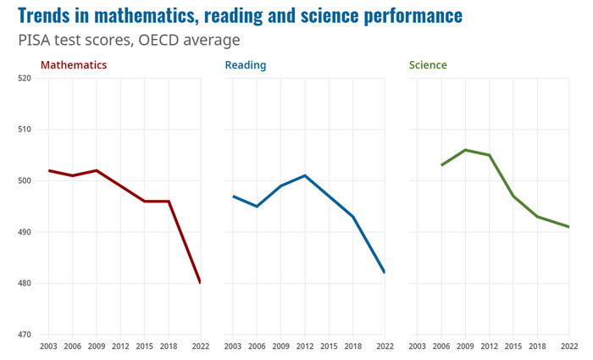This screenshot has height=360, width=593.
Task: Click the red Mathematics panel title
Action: pos(74,64)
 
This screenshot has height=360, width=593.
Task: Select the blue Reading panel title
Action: pos(246,64)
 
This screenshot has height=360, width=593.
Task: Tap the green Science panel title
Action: pos(428,64)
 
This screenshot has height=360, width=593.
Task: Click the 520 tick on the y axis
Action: pos(24,79)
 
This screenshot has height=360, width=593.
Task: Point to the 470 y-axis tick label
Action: pos(24,335)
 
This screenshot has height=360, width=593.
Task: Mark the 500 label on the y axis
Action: pos(24,181)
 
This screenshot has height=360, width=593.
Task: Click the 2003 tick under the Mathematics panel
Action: pos(48,346)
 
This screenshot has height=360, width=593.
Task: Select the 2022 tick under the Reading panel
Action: pos(385,346)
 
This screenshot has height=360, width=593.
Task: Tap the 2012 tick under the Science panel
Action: pos(490,346)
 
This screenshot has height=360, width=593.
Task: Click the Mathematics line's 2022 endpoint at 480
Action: pos(200,282)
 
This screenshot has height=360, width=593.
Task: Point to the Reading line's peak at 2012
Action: pos(305,175)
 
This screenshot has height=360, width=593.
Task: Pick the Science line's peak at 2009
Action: pos(466,150)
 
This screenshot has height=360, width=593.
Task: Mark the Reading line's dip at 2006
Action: pos(257,206)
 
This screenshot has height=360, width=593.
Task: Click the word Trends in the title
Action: pos(47,16)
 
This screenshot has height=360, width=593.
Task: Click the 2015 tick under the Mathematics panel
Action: pos(145,346)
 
